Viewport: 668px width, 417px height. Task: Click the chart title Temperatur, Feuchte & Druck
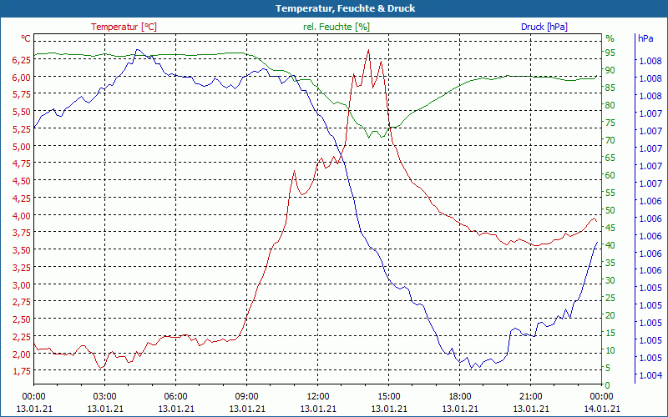pyautogui.click(x=334, y=8)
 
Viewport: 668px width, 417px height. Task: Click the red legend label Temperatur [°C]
pyautogui.click(x=124, y=27)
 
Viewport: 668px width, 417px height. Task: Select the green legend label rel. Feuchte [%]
pyautogui.click(x=337, y=27)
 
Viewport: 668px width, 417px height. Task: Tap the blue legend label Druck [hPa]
pyautogui.click(x=544, y=27)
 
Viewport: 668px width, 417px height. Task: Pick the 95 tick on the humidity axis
pyautogui.click(x=610, y=53)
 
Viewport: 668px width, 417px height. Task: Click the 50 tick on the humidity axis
pyautogui.click(x=610, y=210)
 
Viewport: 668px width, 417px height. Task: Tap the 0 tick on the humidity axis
pyautogui.click(x=608, y=384)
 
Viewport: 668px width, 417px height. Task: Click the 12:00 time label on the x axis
pyautogui.click(x=318, y=396)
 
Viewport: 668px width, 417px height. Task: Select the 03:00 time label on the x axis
pyautogui.click(x=104, y=396)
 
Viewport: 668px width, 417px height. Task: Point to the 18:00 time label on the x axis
pyautogui.click(x=460, y=396)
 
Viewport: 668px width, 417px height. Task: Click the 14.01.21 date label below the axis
pyautogui.click(x=602, y=409)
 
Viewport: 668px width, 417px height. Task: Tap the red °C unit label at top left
pyautogui.click(x=26, y=38)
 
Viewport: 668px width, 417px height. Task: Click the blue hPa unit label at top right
pyautogui.click(x=645, y=38)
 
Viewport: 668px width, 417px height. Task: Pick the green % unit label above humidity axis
pyautogui.click(x=610, y=38)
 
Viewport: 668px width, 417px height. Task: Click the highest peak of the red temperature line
pyautogui.click(x=368, y=50)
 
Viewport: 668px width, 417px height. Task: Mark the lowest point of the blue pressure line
pyautogui.click(x=472, y=369)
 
